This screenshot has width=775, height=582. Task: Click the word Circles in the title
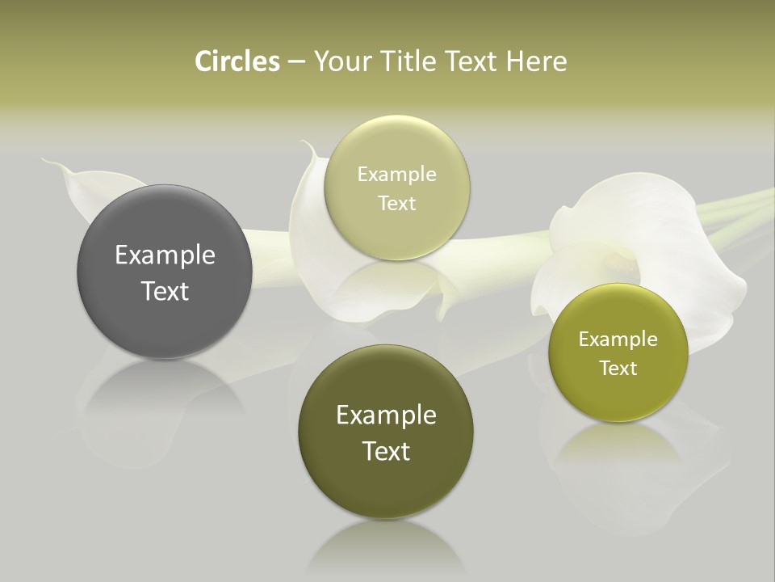237,61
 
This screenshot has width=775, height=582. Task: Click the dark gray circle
165,272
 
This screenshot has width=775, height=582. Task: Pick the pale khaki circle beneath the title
396,188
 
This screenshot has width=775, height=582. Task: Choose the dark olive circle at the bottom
386,432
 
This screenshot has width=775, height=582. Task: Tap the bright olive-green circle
618,352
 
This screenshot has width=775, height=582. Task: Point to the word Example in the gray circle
165,255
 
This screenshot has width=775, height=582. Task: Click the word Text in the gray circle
165,291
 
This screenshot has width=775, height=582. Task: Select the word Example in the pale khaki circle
396,175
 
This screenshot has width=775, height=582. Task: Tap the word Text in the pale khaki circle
396,203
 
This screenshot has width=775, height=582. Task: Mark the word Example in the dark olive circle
386,415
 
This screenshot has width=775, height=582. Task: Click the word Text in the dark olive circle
386,451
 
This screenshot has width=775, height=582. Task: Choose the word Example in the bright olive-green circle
618,339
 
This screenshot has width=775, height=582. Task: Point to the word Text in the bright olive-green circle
618,368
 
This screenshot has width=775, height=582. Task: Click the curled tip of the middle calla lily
305,145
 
